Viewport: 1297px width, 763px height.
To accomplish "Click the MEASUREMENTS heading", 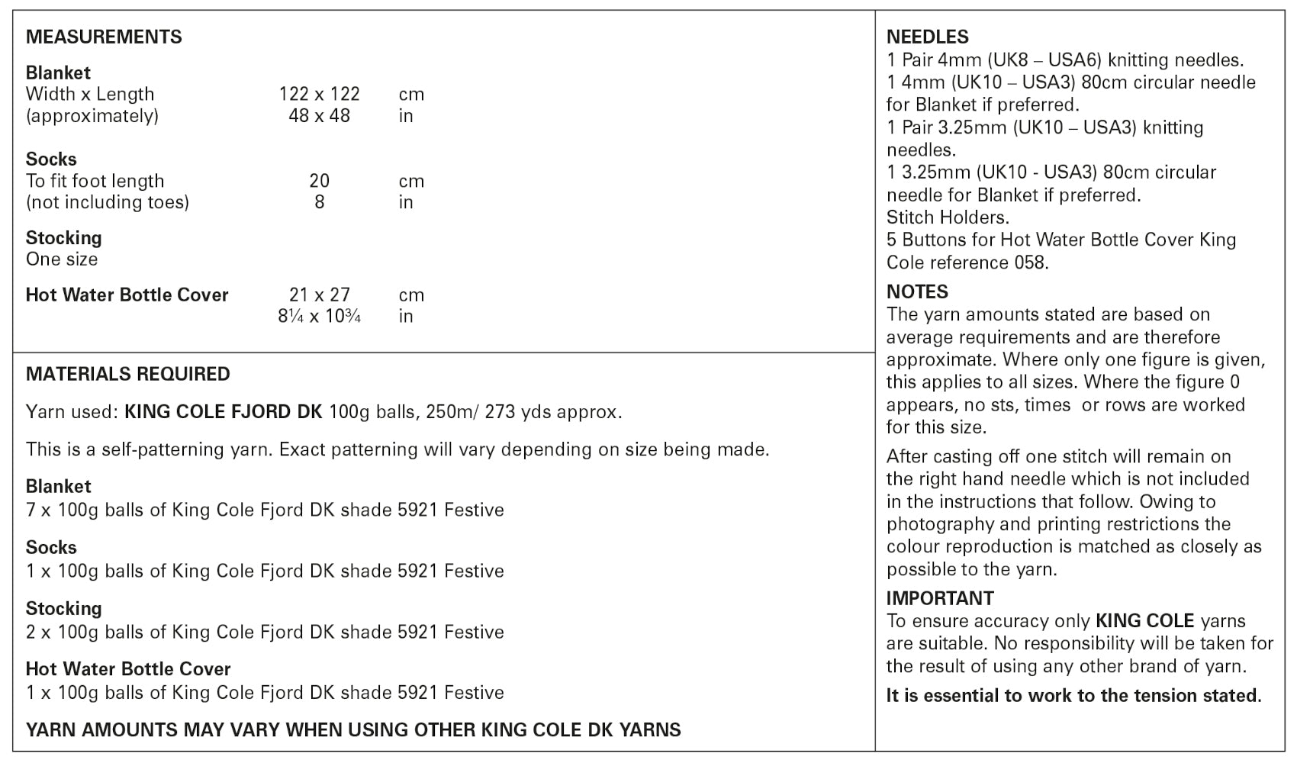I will pos(104,37).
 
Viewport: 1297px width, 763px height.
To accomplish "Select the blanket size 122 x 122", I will pos(319,95).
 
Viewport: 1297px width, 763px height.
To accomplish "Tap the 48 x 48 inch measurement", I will pos(319,116).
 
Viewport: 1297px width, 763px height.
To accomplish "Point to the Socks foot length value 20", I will pos(319,181).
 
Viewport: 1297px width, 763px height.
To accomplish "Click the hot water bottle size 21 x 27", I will pos(319,295).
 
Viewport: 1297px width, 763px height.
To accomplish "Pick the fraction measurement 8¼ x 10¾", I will pos(319,316).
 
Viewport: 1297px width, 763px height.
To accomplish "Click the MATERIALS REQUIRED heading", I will pos(127,374).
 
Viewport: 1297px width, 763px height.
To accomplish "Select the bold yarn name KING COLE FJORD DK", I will pos(223,412).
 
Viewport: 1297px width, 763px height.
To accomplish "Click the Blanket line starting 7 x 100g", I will pos(265,510).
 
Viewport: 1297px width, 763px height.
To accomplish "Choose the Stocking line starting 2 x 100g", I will pos(265,632).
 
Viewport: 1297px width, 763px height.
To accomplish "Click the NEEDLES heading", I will pos(927,37).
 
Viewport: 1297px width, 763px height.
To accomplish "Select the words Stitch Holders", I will pos(948,217).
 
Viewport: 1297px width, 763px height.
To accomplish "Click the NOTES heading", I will pos(917,291).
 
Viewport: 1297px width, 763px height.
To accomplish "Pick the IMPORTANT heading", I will pos(940,598).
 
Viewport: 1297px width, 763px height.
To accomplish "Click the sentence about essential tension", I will pos(1073,696).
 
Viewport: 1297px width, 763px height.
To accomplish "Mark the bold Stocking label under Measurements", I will pos(63,237).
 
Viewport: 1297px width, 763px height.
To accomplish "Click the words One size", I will pos(62,259).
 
